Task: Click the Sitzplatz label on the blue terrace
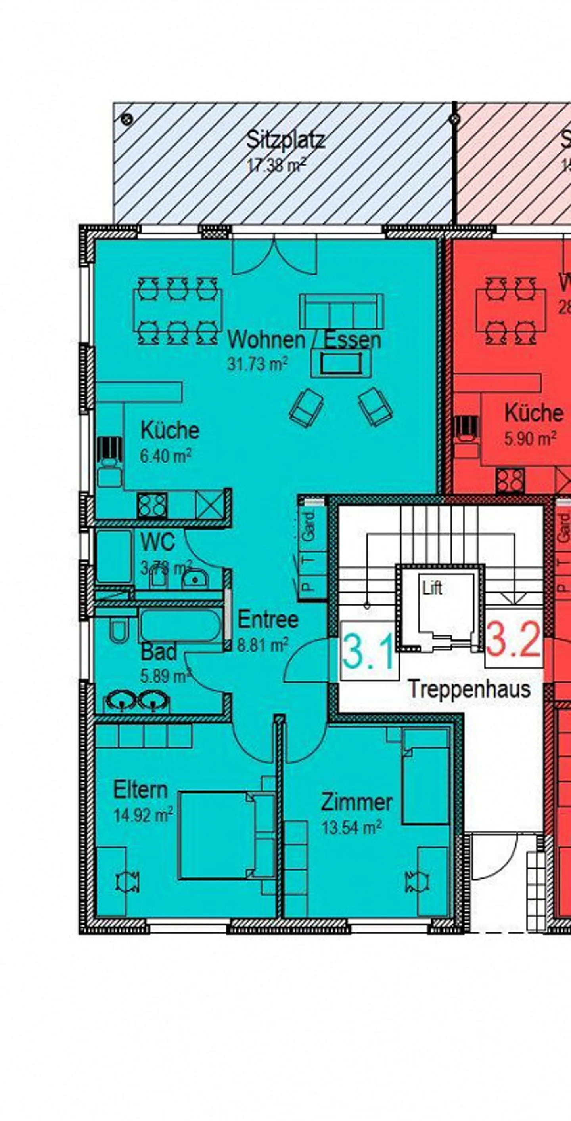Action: [285, 140]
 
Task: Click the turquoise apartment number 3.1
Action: [369, 652]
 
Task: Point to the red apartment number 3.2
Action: [514, 640]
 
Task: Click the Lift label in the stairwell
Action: [432, 588]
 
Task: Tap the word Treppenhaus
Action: [469, 689]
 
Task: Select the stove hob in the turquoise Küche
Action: [152, 505]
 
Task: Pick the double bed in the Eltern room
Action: [217, 835]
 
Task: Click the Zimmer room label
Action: [356, 802]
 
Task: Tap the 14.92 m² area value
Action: [143, 815]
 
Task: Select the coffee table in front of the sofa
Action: [341, 363]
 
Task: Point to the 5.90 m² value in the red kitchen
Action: [530, 438]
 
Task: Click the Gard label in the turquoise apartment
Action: [308, 526]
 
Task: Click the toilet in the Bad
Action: [118, 631]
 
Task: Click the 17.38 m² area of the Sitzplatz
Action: [276, 165]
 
